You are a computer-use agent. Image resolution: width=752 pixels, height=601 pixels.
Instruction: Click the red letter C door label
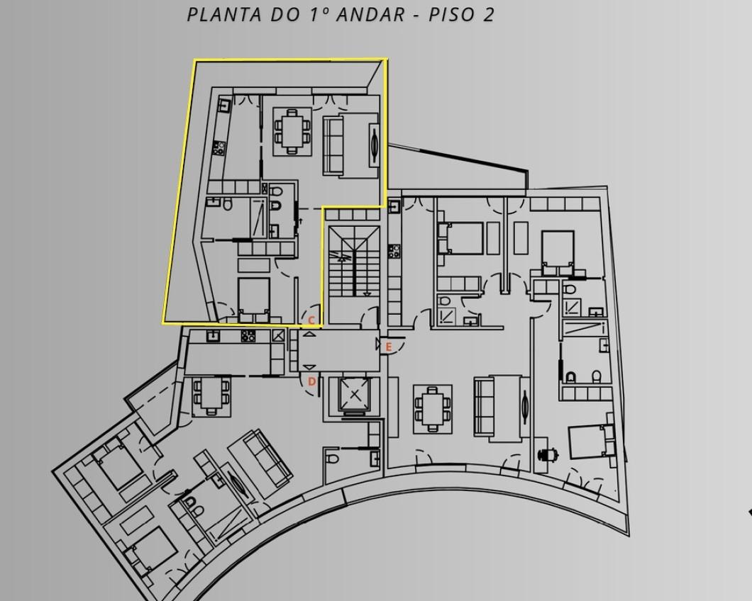(311, 320)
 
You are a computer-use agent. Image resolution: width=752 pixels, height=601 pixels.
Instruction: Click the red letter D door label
(311, 381)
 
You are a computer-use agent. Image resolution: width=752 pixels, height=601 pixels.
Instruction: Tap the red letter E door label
(389, 347)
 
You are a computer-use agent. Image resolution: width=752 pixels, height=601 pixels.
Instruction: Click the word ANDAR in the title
(371, 14)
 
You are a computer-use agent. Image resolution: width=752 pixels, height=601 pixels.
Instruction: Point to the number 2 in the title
(489, 14)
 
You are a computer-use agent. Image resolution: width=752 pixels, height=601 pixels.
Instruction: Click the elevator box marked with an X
(355, 395)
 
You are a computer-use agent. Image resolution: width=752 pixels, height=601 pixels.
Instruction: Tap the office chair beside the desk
(548, 454)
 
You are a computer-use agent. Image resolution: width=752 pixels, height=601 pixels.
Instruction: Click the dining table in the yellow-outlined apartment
(292, 131)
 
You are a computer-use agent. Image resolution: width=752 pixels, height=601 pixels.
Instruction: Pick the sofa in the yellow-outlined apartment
(333, 146)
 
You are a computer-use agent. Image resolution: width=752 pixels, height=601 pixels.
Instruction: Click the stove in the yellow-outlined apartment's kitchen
(219, 147)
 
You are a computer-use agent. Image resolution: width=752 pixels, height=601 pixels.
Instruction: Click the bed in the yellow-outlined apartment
(254, 300)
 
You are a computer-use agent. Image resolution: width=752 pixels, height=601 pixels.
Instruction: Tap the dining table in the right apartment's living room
(433, 409)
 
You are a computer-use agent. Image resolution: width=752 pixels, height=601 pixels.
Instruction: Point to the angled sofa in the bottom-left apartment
(260, 459)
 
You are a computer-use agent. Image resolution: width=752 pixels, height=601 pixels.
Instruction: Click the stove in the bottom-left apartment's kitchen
(248, 336)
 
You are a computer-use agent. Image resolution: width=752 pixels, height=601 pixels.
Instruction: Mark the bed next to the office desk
(592, 442)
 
